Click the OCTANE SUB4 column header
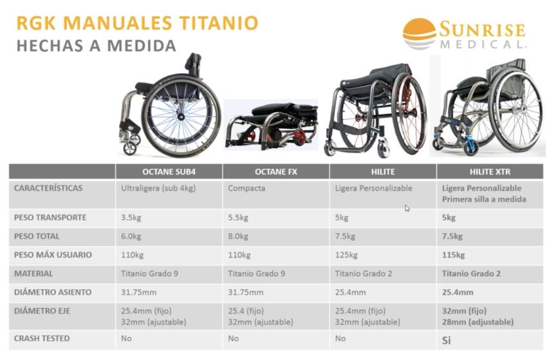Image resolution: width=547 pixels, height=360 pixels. (x=169, y=172)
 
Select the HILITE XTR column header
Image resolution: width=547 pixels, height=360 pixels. (x=490, y=172)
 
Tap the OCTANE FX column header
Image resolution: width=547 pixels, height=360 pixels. (x=276, y=172)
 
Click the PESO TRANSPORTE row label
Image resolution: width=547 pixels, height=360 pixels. (x=50, y=218)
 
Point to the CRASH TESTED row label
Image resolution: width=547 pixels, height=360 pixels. (x=42, y=338)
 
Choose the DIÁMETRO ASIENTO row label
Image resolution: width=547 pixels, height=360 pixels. (x=53, y=292)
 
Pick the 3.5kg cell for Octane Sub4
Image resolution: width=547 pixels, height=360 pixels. (x=131, y=218)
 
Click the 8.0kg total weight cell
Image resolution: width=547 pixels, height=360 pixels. (x=238, y=236)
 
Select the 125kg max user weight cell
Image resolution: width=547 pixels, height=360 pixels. (x=346, y=255)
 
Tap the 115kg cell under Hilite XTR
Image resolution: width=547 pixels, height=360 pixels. (x=454, y=255)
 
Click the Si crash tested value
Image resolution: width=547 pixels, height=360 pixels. (x=446, y=340)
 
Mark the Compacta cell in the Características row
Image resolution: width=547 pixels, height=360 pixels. (x=246, y=188)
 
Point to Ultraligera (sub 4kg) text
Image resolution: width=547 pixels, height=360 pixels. (x=158, y=189)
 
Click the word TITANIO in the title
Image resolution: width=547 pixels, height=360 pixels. (x=219, y=23)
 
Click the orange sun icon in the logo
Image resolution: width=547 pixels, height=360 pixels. (x=420, y=30)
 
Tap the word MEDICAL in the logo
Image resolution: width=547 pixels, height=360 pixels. (x=483, y=44)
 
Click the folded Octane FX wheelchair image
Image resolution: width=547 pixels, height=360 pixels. (x=272, y=126)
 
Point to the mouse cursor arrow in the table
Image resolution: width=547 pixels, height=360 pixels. (x=407, y=208)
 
